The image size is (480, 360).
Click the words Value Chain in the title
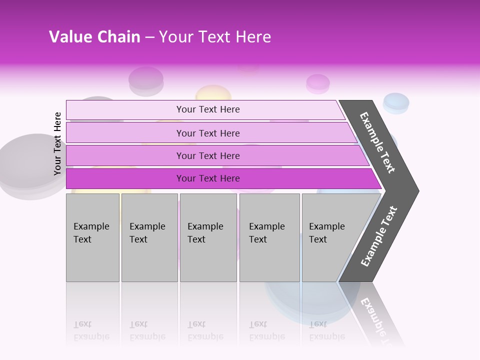(x=94, y=37)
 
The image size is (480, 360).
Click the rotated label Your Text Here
(x=57, y=143)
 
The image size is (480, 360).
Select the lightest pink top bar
(x=207, y=109)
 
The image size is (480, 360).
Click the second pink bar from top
(x=207, y=133)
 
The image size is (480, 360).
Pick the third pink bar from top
(x=207, y=155)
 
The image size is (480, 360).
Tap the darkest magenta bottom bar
(x=207, y=178)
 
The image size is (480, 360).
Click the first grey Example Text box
(x=92, y=237)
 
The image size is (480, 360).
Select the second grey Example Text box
(x=149, y=237)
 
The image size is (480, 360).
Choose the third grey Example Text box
(x=208, y=237)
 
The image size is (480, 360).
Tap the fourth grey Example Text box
(x=269, y=237)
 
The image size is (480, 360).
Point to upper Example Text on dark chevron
(x=377, y=142)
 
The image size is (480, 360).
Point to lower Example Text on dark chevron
(x=378, y=236)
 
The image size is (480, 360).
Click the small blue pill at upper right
(x=396, y=102)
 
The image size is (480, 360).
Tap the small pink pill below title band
(x=318, y=83)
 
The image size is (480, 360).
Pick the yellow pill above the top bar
(x=213, y=93)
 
